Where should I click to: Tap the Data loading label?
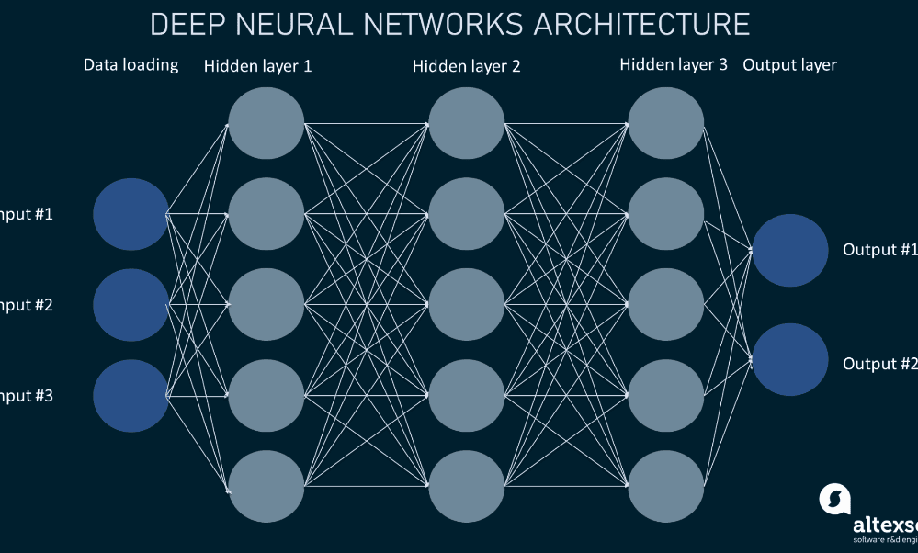(130, 65)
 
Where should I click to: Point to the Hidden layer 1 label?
(251, 66)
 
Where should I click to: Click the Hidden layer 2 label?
(466, 66)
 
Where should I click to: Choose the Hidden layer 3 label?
(674, 65)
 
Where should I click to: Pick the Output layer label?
(789, 65)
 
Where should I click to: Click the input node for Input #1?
(130, 214)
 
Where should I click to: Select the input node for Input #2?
(130, 305)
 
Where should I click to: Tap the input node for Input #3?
(130, 396)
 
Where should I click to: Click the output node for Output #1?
(789, 250)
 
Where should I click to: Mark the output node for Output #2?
(789, 359)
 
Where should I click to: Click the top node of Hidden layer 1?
(266, 123)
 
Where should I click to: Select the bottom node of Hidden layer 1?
(266, 486)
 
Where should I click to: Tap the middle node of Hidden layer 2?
(466, 305)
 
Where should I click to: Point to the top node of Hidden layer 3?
(666, 123)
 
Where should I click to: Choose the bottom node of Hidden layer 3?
(666, 486)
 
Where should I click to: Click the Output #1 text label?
(879, 250)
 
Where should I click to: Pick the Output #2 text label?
(879, 364)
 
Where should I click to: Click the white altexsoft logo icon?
(834, 500)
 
